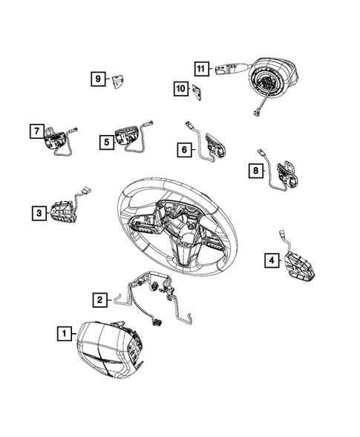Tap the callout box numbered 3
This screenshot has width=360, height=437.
pos(37,214)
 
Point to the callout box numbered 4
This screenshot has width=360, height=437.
pos(272,260)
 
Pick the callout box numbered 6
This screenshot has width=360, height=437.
pos(183,150)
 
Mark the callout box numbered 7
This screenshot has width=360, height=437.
pos(35,131)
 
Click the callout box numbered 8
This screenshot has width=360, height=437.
pos(255,172)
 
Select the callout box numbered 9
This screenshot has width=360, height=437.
pos(97,79)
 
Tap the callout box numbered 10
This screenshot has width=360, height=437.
pos(180,90)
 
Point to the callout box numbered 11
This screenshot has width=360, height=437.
pos(200,69)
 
